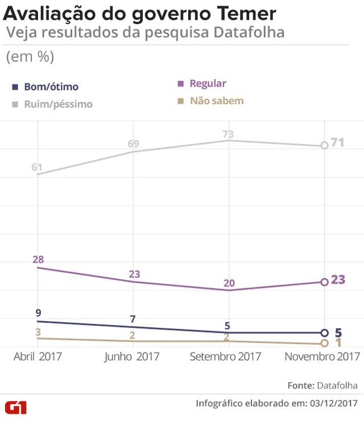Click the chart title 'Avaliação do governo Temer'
point(140,13)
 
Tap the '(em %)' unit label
point(30,57)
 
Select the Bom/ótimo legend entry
point(51,87)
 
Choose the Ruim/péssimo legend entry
point(57,104)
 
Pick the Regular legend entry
point(208,84)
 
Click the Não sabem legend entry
point(216,101)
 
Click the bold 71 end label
point(338,142)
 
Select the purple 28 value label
point(38,260)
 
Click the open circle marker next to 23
point(324,282)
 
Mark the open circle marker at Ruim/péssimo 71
point(324,145)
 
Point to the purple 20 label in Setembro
point(229,283)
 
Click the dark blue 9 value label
point(38,313)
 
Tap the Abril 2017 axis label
point(38,357)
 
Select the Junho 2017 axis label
point(133,357)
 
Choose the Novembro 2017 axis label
point(322,357)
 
